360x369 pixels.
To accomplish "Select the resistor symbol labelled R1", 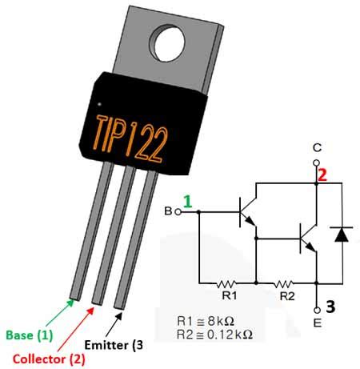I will pos(227,283).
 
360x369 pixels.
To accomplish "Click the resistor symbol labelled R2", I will pos(285,283).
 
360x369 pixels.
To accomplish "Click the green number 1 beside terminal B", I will pos(188,203).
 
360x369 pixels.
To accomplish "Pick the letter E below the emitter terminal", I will pos(317,325).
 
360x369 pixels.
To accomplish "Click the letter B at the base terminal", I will pos(168,211).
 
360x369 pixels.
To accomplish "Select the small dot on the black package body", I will pos(98,104).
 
